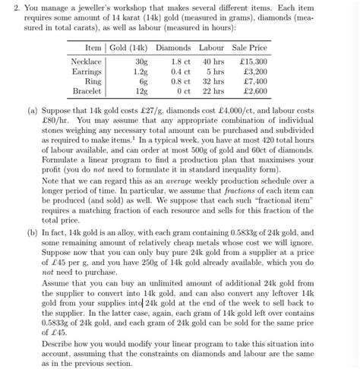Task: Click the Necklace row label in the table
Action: tap(86, 61)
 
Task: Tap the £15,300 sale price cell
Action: tap(250, 61)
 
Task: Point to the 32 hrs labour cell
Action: tap(212, 81)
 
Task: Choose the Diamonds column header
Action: tap(173, 48)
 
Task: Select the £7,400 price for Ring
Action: tap(252, 81)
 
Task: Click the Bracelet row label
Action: tap(85, 91)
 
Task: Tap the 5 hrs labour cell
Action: tap(214, 71)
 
